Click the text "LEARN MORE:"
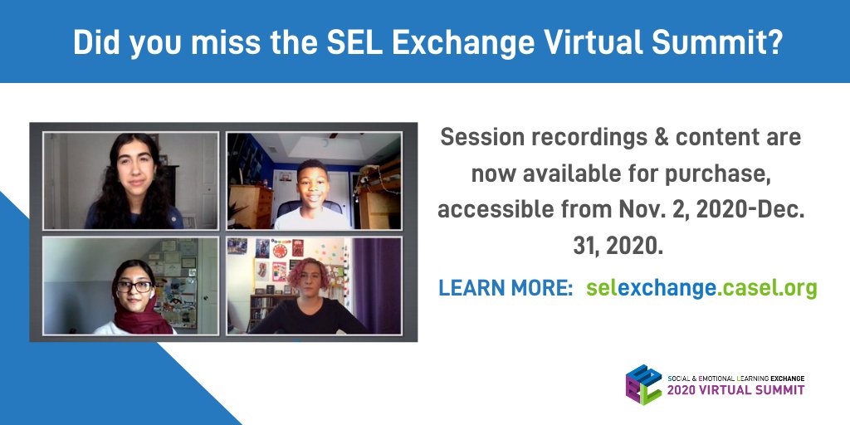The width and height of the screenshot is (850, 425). [x=506, y=288]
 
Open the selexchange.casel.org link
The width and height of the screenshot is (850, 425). [x=701, y=288]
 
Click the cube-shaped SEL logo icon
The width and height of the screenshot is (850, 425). [x=643, y=384]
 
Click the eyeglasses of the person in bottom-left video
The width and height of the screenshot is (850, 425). [x=136, y=287]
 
